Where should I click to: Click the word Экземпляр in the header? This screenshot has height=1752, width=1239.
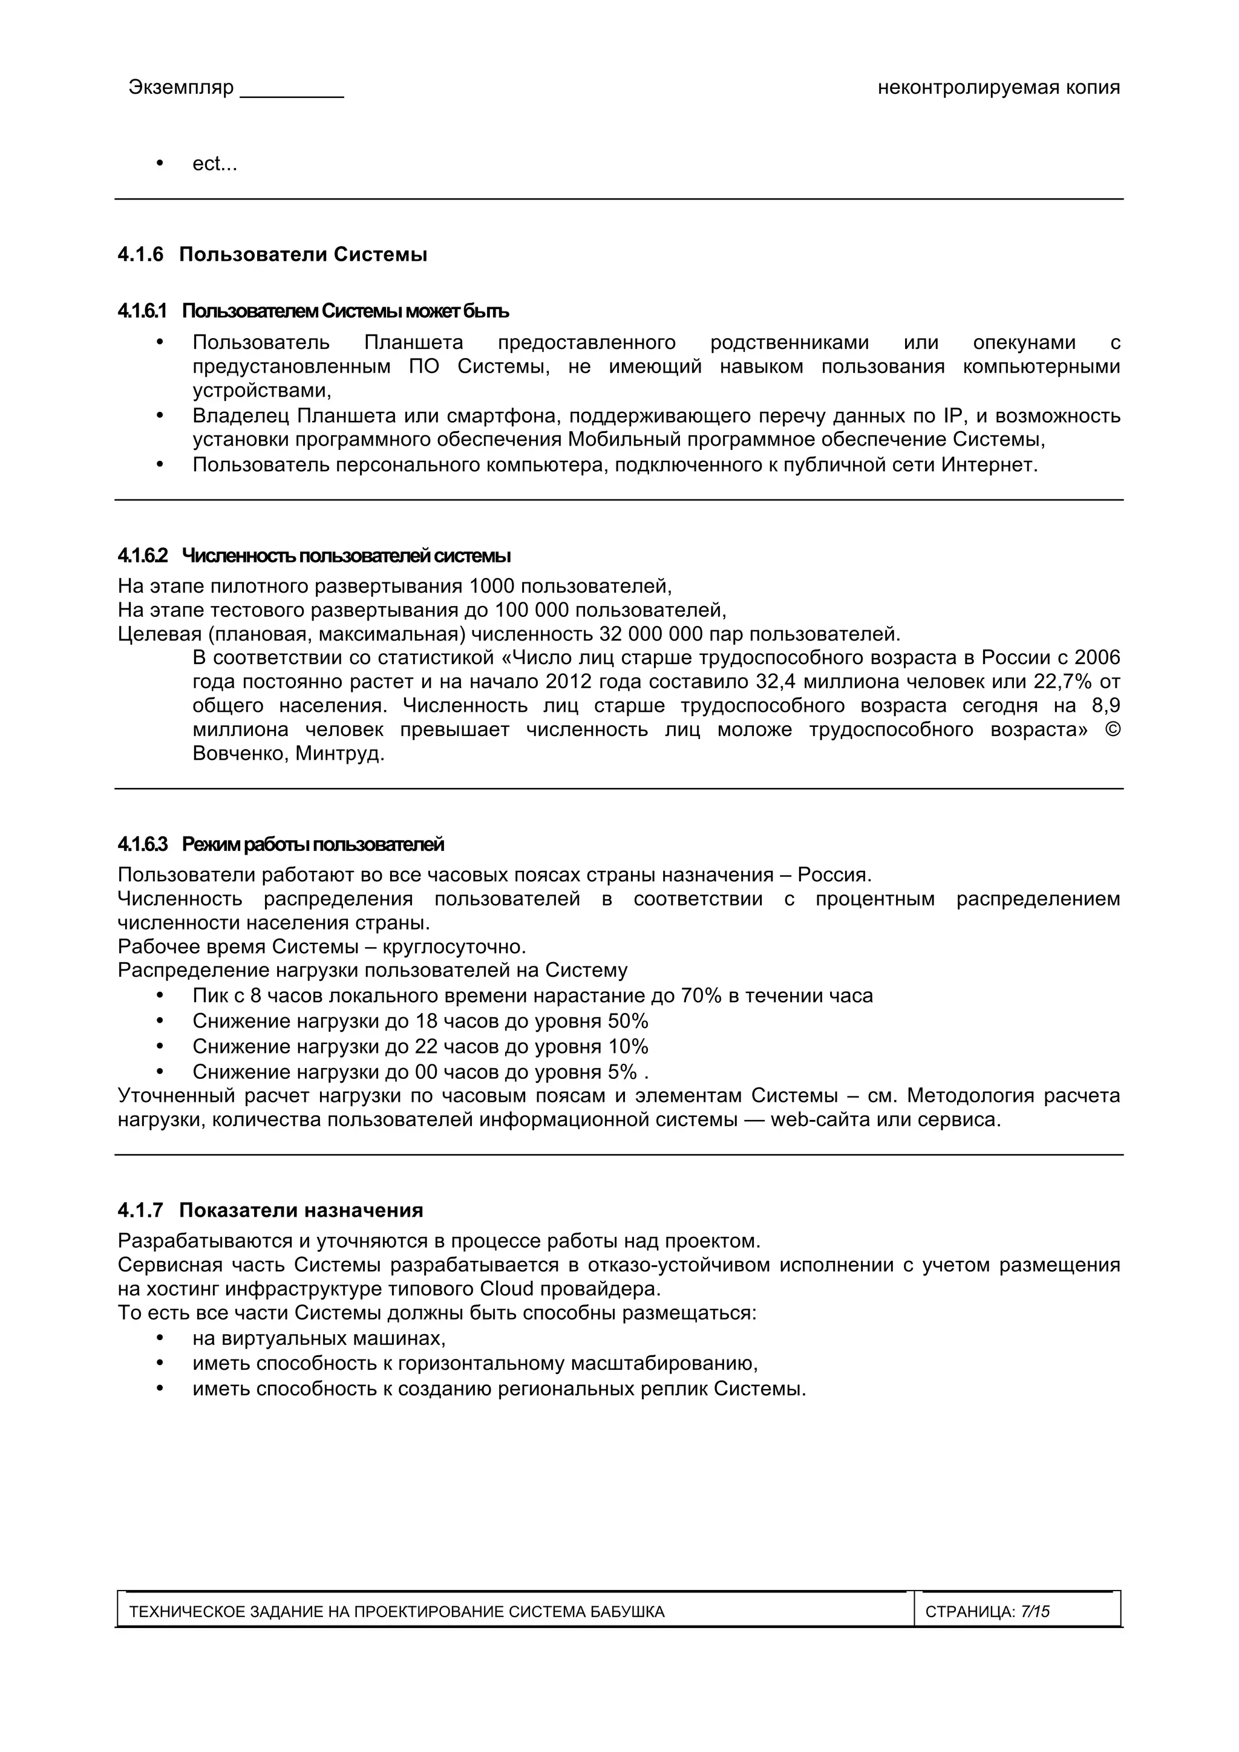click(181, 88)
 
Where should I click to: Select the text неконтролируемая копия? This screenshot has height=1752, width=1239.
click(999, 88)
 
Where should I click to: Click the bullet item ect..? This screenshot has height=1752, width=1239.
click(215, 164)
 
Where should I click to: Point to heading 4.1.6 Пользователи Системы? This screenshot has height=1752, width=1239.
click(272, 255)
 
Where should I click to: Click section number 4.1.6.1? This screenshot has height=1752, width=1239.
click(142, 311)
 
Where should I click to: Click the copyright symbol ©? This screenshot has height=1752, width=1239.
click(1113, 729)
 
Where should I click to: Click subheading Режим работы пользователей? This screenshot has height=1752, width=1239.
click(312, 845)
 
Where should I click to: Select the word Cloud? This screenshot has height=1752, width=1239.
click(507, 1289)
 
